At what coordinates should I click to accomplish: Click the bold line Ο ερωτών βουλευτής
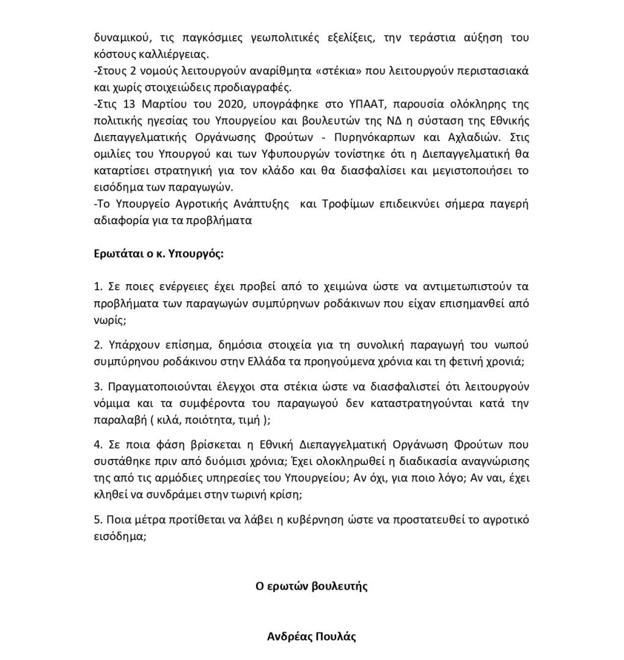point(311,586)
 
